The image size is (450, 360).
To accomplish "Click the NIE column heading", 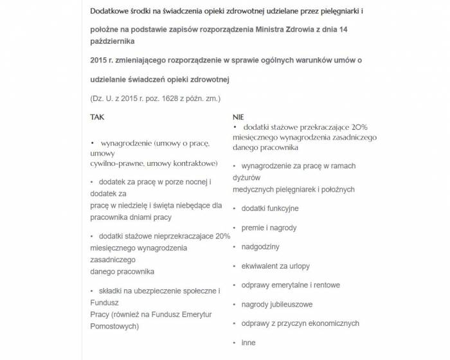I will (x=238, y=118).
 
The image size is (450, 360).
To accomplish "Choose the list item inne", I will (x=248, y=343).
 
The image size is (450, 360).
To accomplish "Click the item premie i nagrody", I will (x=269, y=228).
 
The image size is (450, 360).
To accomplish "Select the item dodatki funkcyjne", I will (x=270, y=208).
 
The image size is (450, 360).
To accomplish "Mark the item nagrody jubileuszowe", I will (x=277, y=304).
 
